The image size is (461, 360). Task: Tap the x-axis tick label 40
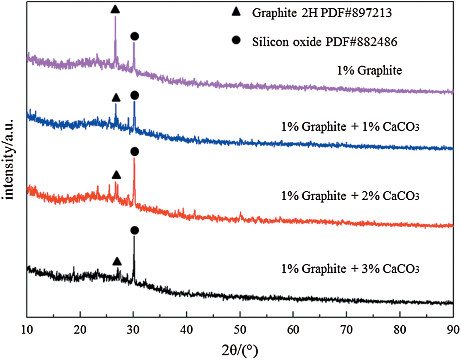(x=186, y=330)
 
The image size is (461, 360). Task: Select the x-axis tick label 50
(x=240, y=330)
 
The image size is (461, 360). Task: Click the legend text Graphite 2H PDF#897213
(x=322, y=13)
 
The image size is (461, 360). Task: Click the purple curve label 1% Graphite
(x=369, y=71)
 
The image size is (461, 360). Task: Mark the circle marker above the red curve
(x=134, y=152)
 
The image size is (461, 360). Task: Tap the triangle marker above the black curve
(x=117, y=261)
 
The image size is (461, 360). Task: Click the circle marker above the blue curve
(x=134, y=95)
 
